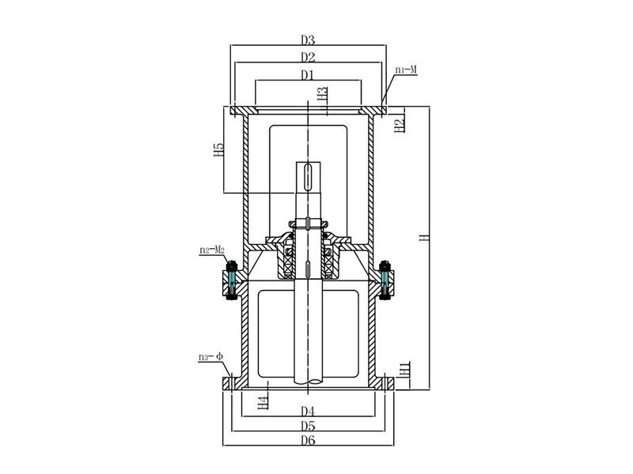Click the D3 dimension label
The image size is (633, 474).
(309, 39)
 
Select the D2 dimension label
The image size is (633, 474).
(309, 57)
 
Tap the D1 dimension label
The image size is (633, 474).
(308, 75)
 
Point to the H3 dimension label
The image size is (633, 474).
(322, 96)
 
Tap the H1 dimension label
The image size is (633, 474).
(404, 369)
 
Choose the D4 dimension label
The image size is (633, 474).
(309, 412)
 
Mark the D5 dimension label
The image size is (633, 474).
(309, 427)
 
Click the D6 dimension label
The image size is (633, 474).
(309, 441)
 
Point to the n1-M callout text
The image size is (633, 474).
(406, 70)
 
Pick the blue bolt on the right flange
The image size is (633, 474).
(385, 280)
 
